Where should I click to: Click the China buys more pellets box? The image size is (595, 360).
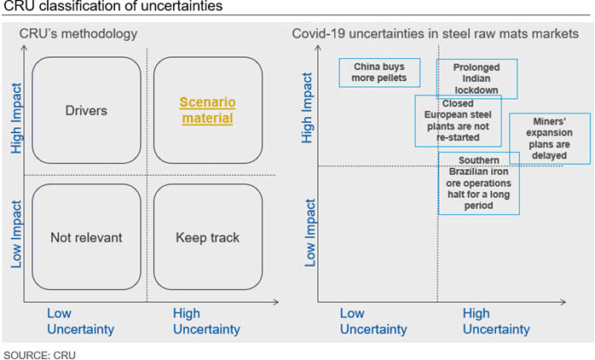click(x=379, y=73)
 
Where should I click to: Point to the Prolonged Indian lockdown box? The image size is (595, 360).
click(x=477, y=79)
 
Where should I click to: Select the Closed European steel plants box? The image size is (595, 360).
click(x=458, y=121)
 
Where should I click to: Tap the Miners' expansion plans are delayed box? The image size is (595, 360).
click(x=550, y=138)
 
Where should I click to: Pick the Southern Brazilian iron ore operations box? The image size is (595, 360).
click(x=479, y=183)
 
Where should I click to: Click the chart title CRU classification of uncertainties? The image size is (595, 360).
click(x=113, y=6)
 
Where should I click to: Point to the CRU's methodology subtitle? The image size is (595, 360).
click(x=78, y=34)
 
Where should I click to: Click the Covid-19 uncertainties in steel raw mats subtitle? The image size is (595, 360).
click(x=436, y=34)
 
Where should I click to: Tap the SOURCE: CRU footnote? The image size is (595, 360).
click(x=39, y=355)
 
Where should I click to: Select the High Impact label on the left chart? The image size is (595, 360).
click(x=16, y=118)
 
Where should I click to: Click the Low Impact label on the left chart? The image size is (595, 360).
click(x=16, y=234)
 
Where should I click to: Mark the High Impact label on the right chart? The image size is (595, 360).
click(x=307, y=107)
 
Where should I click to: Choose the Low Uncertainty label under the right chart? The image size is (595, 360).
click(x=373, y=322)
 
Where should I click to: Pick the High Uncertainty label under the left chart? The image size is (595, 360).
click(x=206, y=322)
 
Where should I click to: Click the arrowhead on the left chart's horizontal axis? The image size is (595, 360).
click(x=276, y=302)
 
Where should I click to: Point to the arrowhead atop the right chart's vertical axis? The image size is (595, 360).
click(x=318, y=48)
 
